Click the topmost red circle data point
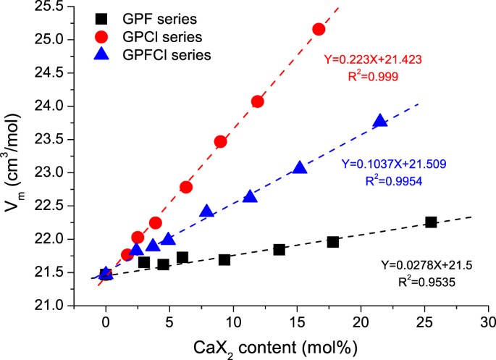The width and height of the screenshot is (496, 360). tap(319, 29)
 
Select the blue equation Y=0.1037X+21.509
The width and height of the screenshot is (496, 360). tap(391, 164)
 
